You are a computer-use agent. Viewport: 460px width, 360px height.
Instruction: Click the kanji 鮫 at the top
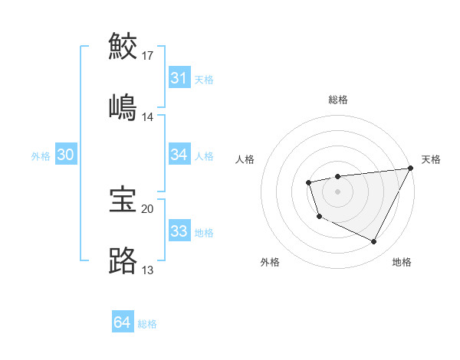click(123, 47)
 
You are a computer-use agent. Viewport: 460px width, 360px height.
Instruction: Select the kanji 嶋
click(123, 106)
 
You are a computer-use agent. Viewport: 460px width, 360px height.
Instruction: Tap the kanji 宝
click(123, 199)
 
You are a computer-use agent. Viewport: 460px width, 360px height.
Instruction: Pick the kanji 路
click(123, 261)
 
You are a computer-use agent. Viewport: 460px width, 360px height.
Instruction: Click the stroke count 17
click(148, 56)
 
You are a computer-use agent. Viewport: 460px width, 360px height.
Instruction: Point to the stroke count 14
click(148, 117)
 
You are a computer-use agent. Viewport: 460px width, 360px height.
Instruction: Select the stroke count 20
click(148, 208)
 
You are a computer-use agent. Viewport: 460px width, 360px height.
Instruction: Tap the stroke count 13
click(148, 270)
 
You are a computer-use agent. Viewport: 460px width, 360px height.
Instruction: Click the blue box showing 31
click(179, 78)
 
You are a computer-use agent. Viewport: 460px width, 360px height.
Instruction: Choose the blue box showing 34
click(179, 155)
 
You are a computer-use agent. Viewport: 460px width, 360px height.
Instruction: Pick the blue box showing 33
click(179, 231)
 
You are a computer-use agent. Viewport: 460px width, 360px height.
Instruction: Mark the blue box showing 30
click(65, 155)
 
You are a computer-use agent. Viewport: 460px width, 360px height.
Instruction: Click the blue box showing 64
click(122, 323)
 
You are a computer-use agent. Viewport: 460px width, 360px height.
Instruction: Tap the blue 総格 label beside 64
click(148, 324)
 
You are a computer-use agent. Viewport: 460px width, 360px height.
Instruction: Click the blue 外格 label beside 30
click(41, 155)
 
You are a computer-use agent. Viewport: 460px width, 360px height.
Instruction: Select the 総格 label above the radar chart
click(338, 100)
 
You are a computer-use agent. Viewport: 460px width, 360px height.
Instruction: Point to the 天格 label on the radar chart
click(431, 159)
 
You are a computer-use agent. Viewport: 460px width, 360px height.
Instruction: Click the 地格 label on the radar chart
click(402, 262)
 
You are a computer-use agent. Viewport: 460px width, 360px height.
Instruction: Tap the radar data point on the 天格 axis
click(410, 168)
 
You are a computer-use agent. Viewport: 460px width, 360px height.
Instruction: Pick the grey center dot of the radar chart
click(337, 191)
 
